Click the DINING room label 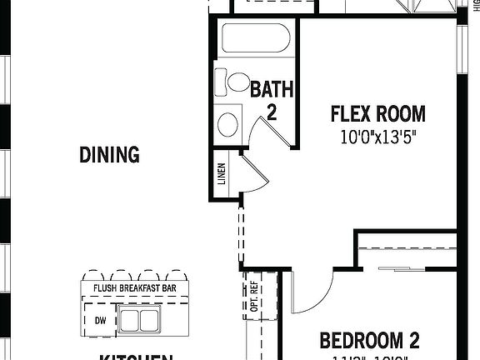coord(109,154)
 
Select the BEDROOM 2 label coord(369,340)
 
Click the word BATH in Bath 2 coord(272,88)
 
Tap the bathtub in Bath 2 coord(255,38)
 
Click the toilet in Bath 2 coord(233,82)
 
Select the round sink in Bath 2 coord(227,124)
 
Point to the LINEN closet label coord(221,175)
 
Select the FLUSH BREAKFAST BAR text coord(134,289)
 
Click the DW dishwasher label coord(99,320)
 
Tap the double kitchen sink coord(138,319)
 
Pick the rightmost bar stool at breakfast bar coord(177,276)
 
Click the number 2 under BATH coord(272,111)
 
